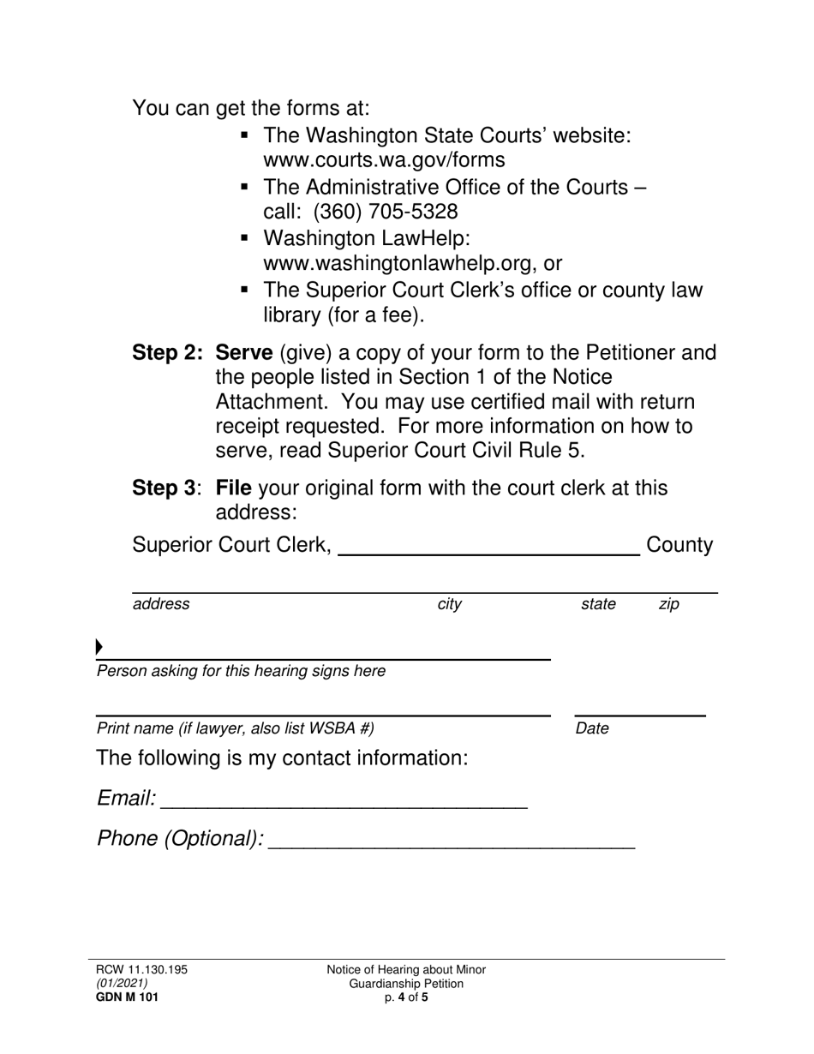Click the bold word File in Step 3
pos(233,488)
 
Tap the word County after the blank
pos(679,546)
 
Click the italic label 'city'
pos(449,604)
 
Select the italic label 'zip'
pos(668,604)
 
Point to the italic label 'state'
pos(598,604)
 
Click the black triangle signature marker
pos(99,646)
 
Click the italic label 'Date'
pos(592,729)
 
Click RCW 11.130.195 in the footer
pos(141,970)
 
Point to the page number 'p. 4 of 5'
pos(406,997)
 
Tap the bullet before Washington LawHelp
pos(246,237)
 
